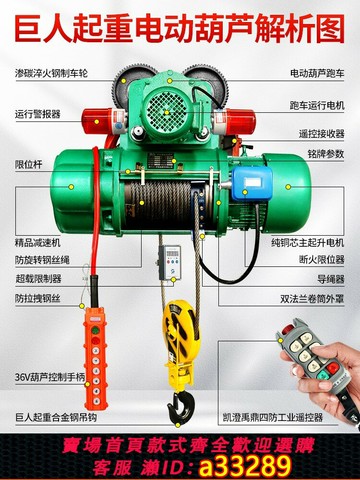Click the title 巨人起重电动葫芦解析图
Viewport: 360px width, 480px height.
(x=180, y=21)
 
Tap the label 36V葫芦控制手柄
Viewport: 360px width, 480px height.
(x=41, y=376)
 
